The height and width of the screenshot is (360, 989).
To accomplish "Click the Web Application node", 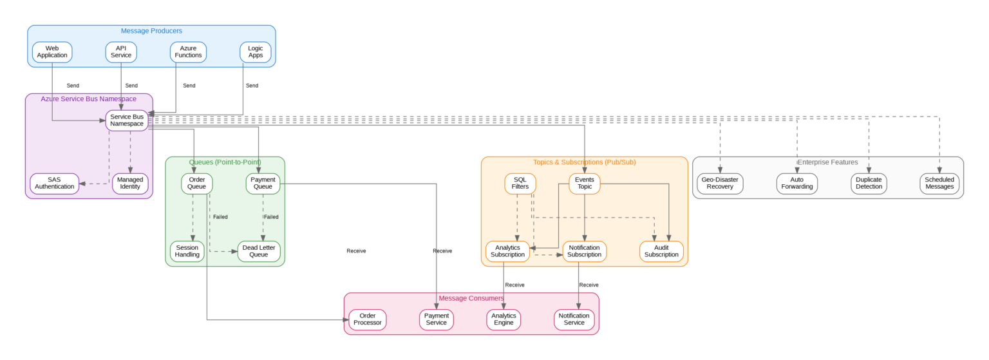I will (52, 52).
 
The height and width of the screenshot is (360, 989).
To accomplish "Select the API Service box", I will (121, 52).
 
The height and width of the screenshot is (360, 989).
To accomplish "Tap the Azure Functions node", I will (188, 52).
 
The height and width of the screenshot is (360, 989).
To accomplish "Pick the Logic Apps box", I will (256, 52).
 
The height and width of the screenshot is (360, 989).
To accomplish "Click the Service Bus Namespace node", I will (127, 120).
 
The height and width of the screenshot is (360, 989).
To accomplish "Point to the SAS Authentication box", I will (54, 184).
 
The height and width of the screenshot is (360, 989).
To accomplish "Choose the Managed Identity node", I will (131, 184).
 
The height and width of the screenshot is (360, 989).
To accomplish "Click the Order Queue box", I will (196, 184).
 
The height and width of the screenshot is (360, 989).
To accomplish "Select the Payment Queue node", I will (263, 184).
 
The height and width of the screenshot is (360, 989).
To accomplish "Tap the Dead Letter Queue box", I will (259, 251).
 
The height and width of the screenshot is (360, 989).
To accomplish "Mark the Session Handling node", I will (187, 251).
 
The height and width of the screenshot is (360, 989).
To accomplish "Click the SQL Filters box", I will (520, 184).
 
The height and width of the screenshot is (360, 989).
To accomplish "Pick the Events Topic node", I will (585, 184).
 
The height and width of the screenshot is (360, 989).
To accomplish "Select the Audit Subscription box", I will (661, 251).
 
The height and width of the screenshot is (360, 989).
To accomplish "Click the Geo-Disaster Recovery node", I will (720, 184).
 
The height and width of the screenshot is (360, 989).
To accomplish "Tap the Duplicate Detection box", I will (869, 184).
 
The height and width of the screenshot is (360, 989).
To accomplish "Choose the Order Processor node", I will (368, 319).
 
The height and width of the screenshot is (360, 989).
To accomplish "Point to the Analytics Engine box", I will (504, 319).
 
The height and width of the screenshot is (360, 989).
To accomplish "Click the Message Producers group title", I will (151, 31).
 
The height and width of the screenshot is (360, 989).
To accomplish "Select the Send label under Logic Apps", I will (252, 86).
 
